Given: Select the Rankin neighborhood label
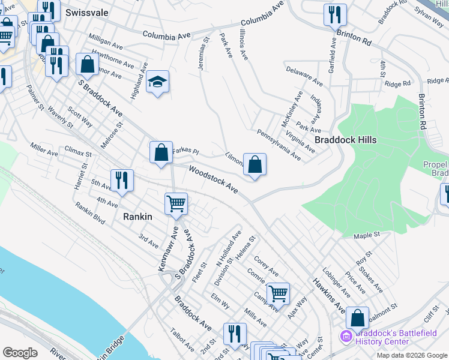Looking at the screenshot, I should coord(137,217).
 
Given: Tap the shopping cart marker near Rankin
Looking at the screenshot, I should coord(176,203).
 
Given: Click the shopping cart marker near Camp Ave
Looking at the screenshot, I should coord(278,293).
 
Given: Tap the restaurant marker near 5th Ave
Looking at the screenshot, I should coord(121,179).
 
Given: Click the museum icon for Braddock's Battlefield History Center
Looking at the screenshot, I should coord(347,336).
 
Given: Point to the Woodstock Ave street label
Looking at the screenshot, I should coord(214,179).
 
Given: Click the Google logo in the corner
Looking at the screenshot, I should coord(20,353).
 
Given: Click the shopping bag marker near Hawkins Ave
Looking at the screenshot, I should coord(357,318).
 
